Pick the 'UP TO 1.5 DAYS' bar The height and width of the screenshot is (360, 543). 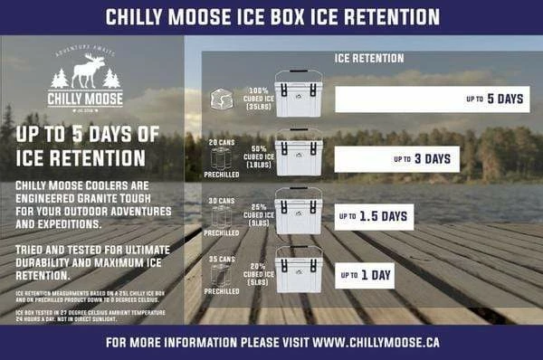[374, 217]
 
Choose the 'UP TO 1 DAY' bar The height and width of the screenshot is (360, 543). [366, 273]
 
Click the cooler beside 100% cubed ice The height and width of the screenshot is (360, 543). [298, 93]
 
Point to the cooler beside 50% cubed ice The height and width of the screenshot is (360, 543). [298, 153]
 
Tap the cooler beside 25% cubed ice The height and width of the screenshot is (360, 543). [298, 211]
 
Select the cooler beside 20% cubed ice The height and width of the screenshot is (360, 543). [298, 269]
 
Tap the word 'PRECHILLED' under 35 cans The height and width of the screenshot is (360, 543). [222, 291]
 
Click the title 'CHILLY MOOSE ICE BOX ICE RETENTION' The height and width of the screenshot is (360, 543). [272, 17]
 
